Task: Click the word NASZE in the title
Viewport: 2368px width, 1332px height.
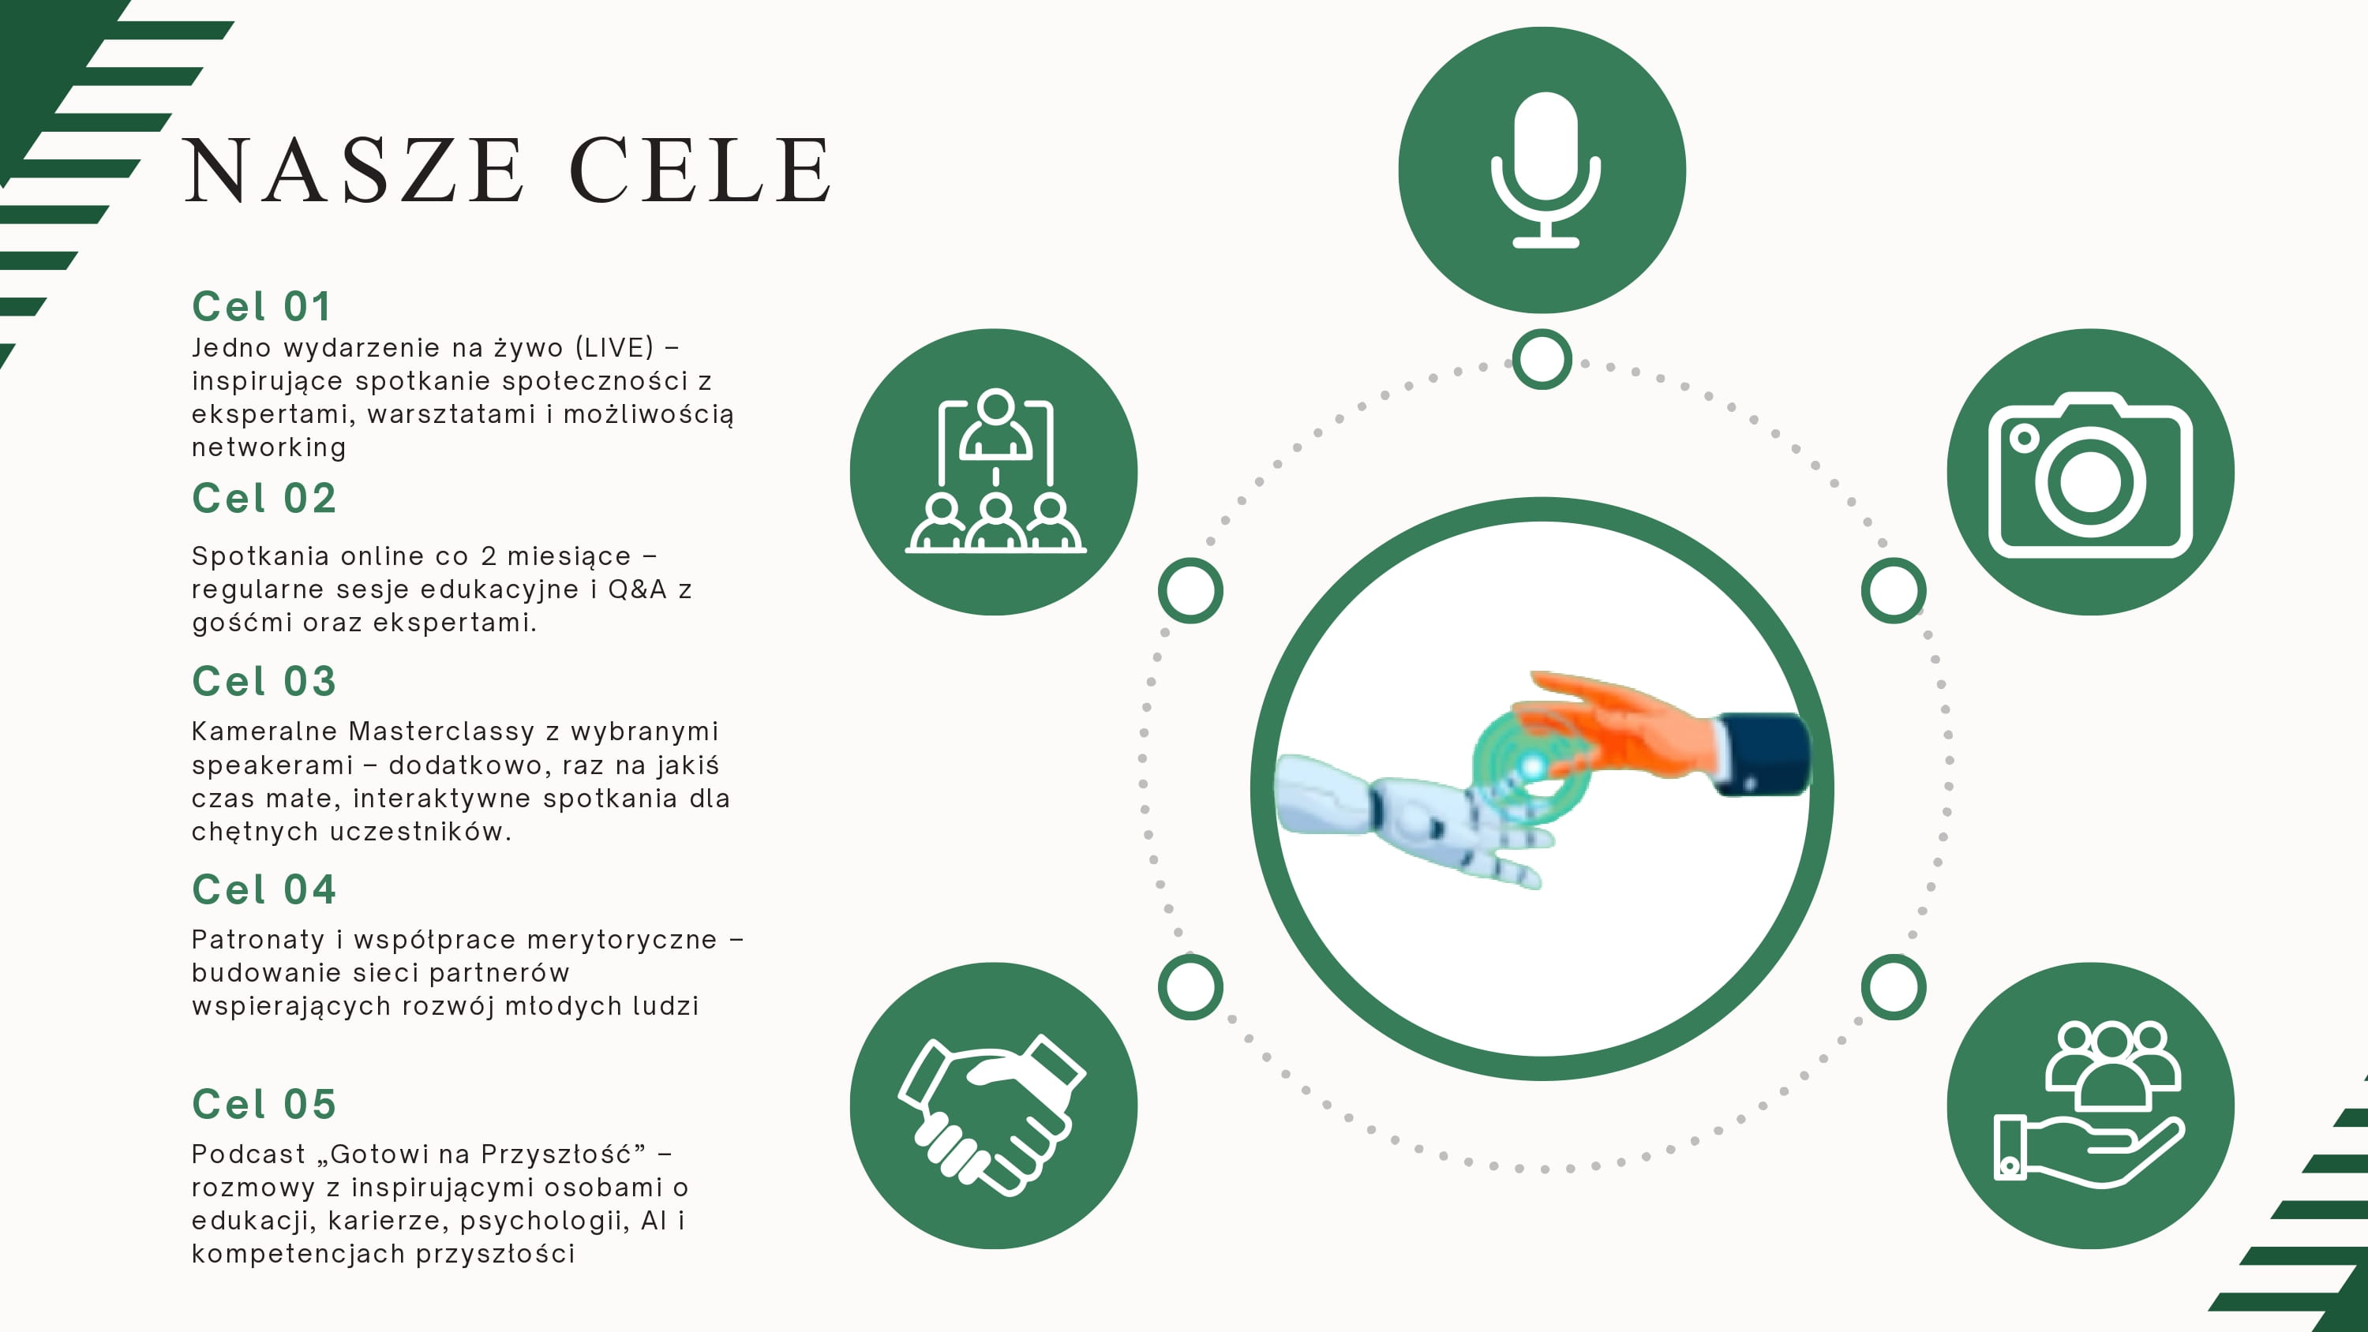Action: click(355, 170)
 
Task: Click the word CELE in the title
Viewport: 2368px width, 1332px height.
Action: click(700, 170)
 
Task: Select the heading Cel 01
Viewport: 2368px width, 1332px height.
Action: click(261, 307)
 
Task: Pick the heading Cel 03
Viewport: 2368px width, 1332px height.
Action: click(264, 681)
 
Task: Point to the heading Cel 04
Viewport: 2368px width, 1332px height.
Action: click(264, 890)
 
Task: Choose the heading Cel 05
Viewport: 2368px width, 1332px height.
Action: click(264, 1104)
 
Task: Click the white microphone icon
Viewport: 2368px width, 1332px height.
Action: click(1546, 170)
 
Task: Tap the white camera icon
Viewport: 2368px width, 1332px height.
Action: click(2090, 475)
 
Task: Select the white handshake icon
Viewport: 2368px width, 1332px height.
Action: click(993, 1114)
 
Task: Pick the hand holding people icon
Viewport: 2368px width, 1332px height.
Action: click(2089, 1103)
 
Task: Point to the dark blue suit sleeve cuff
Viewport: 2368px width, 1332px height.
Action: click(1760, 754)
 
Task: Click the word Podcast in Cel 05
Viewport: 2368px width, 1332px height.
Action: click(248, 1154)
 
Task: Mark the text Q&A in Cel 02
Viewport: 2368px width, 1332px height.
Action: click(637, 589)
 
